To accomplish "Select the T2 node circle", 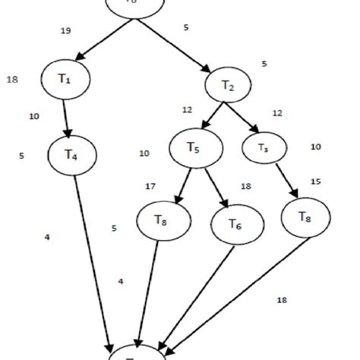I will pos(227,85).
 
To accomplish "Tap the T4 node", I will pos(70,156).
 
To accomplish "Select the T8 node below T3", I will pos(305,219).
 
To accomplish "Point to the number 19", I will pos(65,31).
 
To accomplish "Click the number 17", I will pos(150,185).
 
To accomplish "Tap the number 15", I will pos(316,182).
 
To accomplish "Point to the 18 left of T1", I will pos(12,79).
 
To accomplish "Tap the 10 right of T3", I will pos(316,147).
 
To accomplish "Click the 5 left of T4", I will pos(21,156).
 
